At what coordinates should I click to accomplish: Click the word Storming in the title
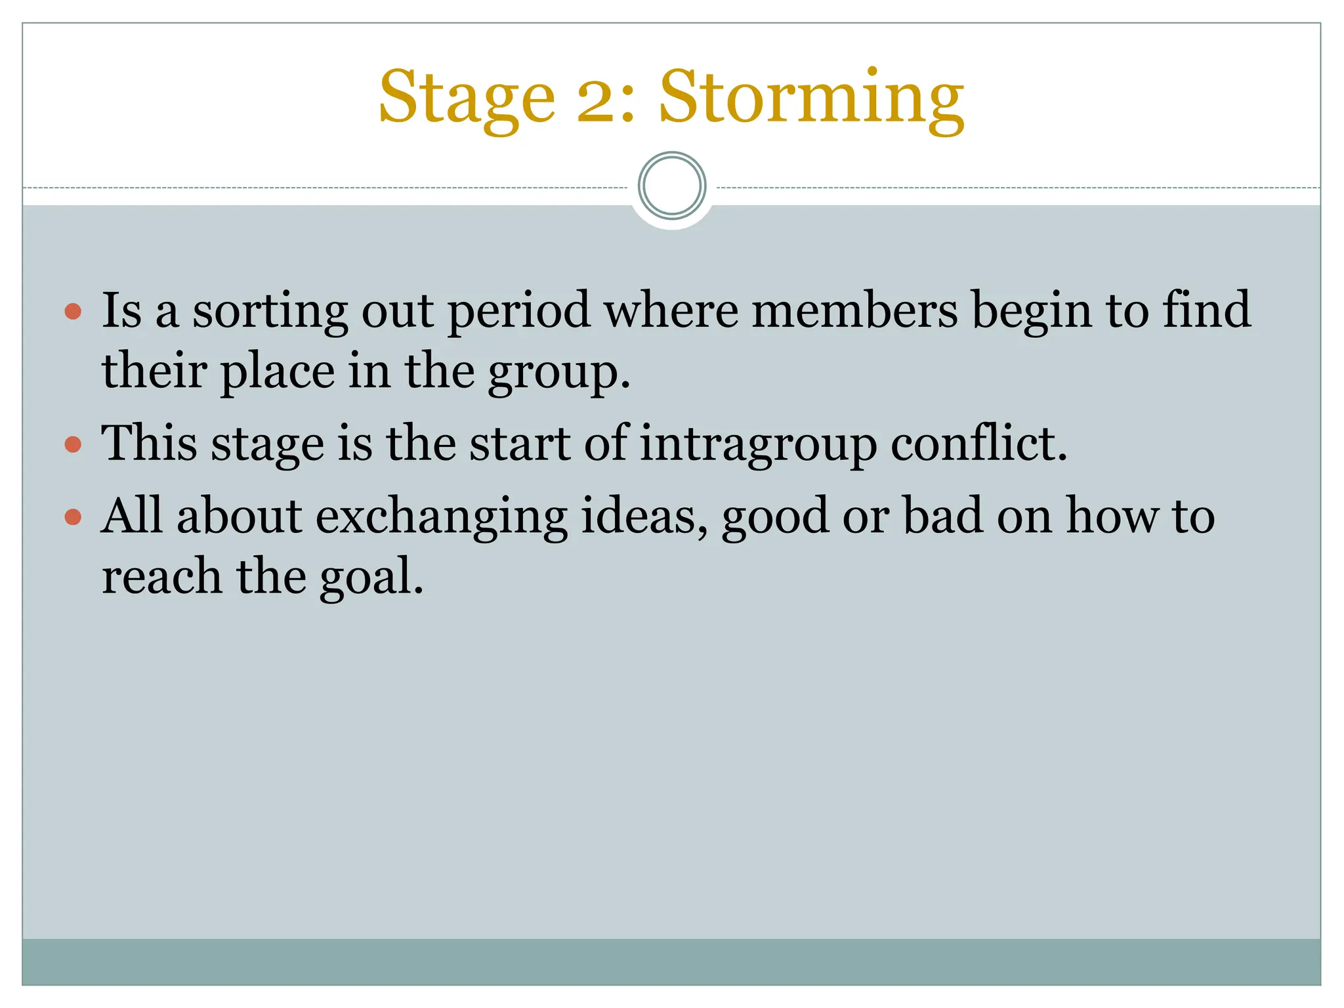[x=811, y=98]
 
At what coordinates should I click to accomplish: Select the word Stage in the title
[x=467, y=98]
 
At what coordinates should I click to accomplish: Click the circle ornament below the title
[x=671, y=186]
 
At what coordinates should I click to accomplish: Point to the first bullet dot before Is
[x=73, y=310]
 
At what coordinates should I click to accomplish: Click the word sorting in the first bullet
[x=270, y=312]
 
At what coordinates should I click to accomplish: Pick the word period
[x=518, y=312]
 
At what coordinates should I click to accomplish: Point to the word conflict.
[x=978, y=444]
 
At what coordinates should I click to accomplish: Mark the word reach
[x=161, y=577]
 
